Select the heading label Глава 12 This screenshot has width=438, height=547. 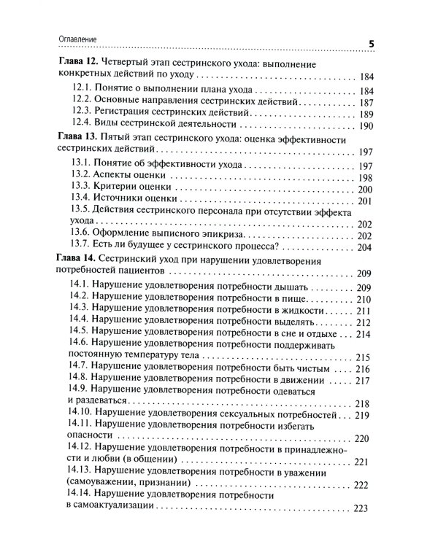(x=79, y=63)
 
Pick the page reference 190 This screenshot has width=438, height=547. (x=366, y=126)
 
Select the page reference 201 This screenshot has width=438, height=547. (x=366, y=201)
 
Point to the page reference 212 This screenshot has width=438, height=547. (x=366, y=323)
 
